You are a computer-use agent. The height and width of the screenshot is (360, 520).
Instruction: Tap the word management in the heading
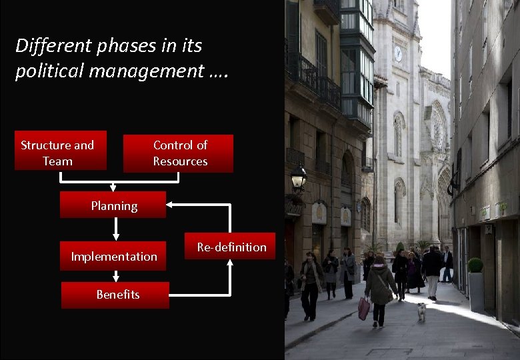tap(143, 71)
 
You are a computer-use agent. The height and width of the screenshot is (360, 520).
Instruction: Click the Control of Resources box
tap(179, 153)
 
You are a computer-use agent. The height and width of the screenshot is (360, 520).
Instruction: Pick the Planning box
tap(113, 205)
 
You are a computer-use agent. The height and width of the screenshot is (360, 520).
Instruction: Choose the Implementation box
tap(113, 256)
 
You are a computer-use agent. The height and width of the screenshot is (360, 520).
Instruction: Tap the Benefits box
tap(115, 295)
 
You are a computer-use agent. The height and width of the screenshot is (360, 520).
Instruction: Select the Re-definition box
tap(231, 247)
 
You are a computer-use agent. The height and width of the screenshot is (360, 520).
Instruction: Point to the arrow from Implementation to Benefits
tap(116, 276)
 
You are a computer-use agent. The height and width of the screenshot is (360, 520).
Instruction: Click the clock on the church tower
tap(398, 54)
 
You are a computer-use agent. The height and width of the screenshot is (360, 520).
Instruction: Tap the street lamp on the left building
tap(299, 178)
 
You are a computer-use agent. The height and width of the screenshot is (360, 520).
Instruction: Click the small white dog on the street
tap(421, 311)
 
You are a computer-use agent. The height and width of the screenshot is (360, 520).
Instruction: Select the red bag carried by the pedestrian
tap(364, 308)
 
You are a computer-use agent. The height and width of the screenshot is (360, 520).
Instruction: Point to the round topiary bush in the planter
tap(475, 265)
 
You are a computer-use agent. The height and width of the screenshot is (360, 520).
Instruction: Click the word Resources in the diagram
tap(180, 161)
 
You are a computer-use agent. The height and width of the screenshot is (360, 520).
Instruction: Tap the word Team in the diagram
tap(57, 161)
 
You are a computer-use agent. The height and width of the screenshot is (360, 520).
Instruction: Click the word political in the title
tap(47, 71)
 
